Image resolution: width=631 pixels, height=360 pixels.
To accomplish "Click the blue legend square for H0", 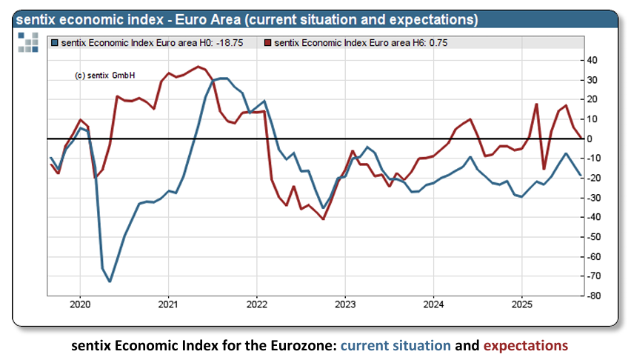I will (54, 43).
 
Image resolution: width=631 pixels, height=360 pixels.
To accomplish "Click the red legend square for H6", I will (267, 43).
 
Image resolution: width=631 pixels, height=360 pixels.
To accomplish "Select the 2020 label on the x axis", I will (79, 304).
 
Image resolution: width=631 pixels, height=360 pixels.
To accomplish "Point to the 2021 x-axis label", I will (168, 304).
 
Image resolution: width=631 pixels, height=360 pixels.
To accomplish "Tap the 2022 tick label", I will (256, 304).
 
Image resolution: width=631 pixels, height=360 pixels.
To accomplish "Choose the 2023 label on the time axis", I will (345, 304).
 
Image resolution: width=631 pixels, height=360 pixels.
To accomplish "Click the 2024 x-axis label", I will (434, 304).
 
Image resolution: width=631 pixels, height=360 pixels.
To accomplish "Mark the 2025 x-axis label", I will (522, 304).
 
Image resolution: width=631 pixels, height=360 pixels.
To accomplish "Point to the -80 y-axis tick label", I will (592, 296).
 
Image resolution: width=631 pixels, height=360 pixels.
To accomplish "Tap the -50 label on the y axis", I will (592, 237).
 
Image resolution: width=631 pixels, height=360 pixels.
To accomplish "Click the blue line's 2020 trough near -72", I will (110, 281).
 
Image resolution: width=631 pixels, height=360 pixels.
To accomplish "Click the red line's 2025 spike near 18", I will (536, 104).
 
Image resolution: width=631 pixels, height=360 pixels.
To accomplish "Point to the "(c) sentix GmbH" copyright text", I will (105, 76).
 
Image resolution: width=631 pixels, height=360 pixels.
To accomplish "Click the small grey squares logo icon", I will (28, 43).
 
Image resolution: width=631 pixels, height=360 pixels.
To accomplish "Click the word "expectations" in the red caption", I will (525, 345).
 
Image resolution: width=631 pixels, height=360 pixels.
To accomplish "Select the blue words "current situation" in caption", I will (395, 345).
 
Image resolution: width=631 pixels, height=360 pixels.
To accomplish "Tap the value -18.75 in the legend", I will (235, 43).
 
